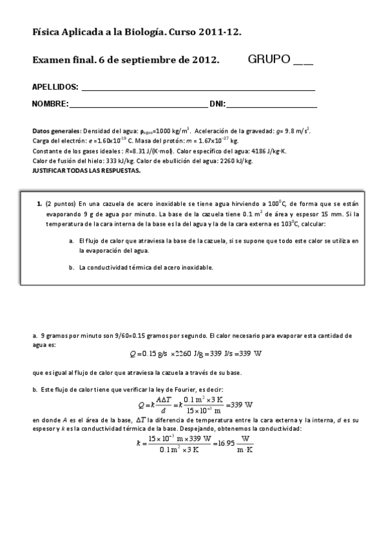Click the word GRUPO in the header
tap(269, 60)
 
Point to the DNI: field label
tap(217, 104)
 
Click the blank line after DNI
tap(271, 106)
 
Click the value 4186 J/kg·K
tap(267, 151)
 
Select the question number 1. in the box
tap(39, 203)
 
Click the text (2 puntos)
tap(61, 203)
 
